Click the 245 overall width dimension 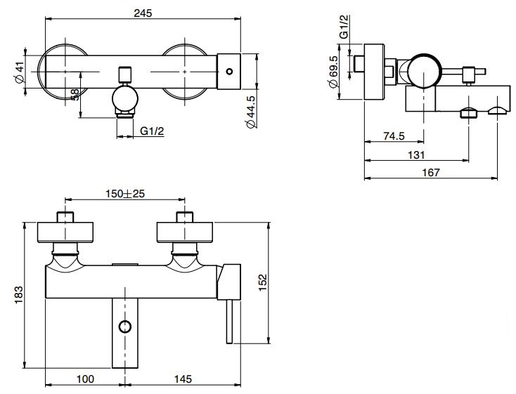[143, 13]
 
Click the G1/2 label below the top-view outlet [152, 131]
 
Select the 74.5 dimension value [395, 136]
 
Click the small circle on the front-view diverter [125, 326]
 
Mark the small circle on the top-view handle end [228, 72]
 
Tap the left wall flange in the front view [64, 232]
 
